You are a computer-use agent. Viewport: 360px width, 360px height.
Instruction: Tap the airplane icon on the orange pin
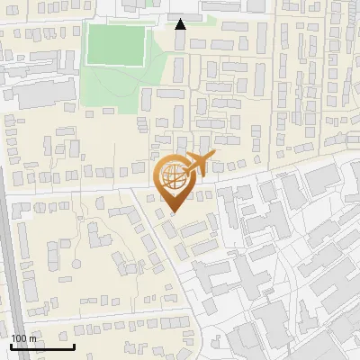[x=197, y=164]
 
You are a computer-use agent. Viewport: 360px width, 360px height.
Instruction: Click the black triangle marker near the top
[x=180, y=24]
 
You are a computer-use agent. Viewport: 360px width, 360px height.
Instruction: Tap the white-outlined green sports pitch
[x=115, y=45]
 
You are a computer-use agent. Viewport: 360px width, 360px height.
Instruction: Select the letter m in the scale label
[x=33, y=338]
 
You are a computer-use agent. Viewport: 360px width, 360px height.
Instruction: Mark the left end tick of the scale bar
[x=11, y=346]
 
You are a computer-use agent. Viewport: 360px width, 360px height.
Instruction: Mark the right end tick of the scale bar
[x=74, y=346]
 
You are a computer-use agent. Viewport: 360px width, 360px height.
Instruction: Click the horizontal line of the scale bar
[x=42, y=347]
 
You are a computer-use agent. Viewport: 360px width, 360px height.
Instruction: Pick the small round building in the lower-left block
[x=77, y=264]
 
